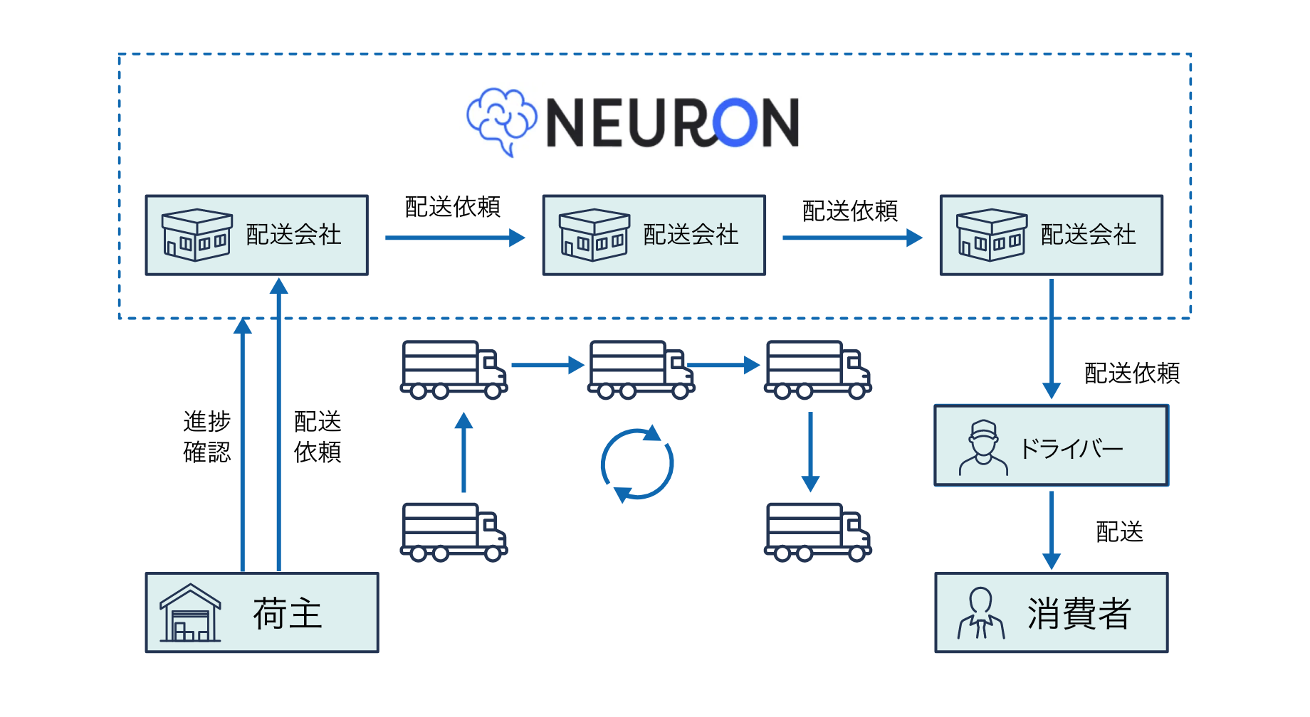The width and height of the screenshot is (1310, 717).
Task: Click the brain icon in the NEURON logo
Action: (501, 121)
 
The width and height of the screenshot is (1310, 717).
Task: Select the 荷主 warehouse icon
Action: (189, 613)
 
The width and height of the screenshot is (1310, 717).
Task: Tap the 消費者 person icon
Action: (981, 613)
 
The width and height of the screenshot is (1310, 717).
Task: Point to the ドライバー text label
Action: (1071, 448)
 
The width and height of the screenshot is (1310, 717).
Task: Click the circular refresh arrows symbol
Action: (637, 464)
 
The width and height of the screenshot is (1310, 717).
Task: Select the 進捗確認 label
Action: (207, 437)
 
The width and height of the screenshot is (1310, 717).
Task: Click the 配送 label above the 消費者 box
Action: (1119, 531)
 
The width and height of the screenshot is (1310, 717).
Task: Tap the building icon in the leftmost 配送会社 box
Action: (197, 235)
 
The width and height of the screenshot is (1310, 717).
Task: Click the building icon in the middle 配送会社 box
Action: (594, 235)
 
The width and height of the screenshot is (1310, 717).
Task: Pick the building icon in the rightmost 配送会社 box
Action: (991, 235)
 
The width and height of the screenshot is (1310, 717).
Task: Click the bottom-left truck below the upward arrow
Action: (454, 532)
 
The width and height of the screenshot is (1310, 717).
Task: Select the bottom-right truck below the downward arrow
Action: (817, 532)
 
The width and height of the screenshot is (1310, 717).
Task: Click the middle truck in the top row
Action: (641, 369)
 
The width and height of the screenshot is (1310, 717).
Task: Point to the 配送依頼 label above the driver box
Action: (1132, 373)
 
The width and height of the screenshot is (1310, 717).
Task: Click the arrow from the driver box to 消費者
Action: (1052, 530)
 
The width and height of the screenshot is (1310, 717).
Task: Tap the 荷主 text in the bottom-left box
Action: (288, 613)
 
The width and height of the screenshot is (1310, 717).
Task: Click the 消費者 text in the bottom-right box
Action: (1079, 613)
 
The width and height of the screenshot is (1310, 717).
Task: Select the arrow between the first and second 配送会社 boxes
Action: (455, 238)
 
